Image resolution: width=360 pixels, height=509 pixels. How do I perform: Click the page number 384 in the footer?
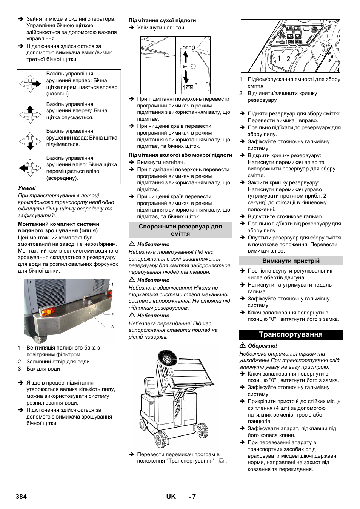tap(21, 497)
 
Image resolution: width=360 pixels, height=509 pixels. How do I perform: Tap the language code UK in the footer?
tap(171, 497)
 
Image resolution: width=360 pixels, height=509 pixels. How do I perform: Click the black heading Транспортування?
tap(291, 334)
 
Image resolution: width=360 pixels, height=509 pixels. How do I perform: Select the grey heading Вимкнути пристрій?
tap(291, 261)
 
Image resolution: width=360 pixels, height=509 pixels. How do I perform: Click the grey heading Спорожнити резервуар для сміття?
tap(180, 230)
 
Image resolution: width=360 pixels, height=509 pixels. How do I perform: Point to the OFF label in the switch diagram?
tap(186, 48)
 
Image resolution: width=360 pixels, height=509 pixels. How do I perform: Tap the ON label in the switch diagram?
tap(189, 87)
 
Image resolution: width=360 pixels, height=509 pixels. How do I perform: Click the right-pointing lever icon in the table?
tap(30, 84)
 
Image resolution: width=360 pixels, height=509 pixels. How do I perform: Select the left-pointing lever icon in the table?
tap(30, 168)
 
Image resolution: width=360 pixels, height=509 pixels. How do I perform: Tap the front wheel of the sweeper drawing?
tap(161, 439)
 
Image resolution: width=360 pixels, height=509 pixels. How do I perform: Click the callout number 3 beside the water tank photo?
tap(112, 327)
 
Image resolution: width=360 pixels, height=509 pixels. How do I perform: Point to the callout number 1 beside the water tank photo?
tap(112, 284)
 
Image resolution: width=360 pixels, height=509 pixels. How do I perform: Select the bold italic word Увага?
tap(27, 188)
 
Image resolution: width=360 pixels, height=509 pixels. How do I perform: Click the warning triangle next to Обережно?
tap(243, 345)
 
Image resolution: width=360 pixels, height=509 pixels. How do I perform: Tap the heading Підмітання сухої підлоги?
tap(162, 20)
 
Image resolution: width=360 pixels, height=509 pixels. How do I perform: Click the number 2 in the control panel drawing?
tap(288, 58)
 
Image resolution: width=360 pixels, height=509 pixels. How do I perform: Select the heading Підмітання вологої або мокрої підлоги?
tap(180, 155)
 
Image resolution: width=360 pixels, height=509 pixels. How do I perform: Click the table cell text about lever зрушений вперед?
tap(77, 111)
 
